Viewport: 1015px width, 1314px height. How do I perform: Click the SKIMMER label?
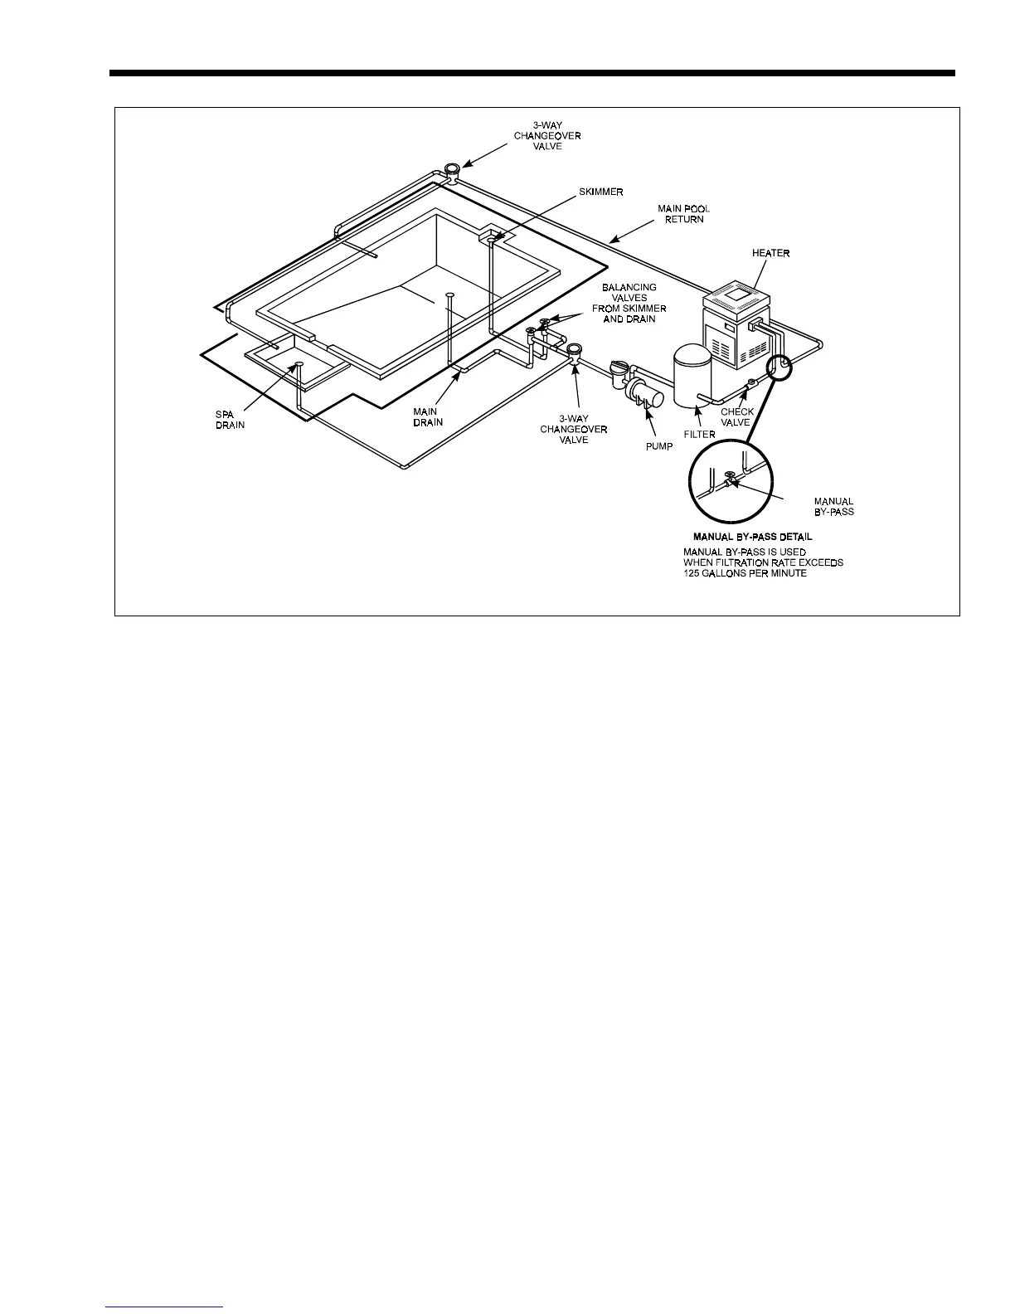pos(600,192)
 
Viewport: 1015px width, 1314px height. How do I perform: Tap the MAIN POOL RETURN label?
pos(684,214)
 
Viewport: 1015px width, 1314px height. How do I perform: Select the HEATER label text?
pos(770,253)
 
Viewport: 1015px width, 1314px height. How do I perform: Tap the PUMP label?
pos(659,446)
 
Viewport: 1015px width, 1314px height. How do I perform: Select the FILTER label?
pos(700,434)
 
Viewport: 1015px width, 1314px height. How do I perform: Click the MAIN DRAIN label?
pos(428,416)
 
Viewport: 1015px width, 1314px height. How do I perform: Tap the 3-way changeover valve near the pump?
pos(573,352)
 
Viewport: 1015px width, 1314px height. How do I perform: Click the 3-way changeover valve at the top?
pos(453,170)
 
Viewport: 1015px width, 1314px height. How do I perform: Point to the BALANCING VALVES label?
pos(629,303)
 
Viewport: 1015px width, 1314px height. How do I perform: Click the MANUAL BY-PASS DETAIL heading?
pos(752,537)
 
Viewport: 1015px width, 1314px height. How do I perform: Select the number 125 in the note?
pos(692,573)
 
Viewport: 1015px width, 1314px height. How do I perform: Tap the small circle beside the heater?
pos(780,364)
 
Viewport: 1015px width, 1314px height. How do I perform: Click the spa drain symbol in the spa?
pos(299,364)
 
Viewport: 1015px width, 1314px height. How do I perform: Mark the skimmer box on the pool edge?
pos(494,237)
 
